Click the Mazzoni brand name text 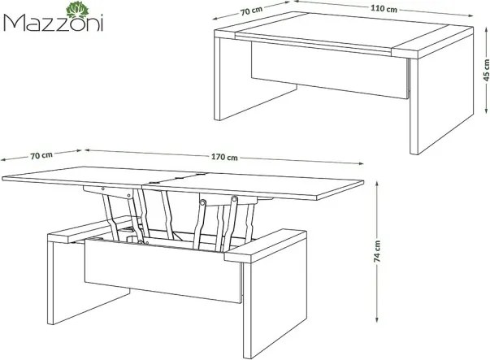coord(54,23)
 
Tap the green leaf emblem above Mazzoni coord(77,10)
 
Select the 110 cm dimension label coord(384,8)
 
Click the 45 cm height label coord(486,70)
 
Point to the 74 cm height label coord(377,251)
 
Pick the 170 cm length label coord(224,157)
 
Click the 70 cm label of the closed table coord(251,11)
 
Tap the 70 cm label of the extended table coord(41,155)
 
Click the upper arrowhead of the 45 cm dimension coord(486,30)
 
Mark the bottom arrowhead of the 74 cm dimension coord(377,319)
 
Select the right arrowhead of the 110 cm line coord(470,15)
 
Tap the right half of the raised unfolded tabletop coord(253,186)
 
